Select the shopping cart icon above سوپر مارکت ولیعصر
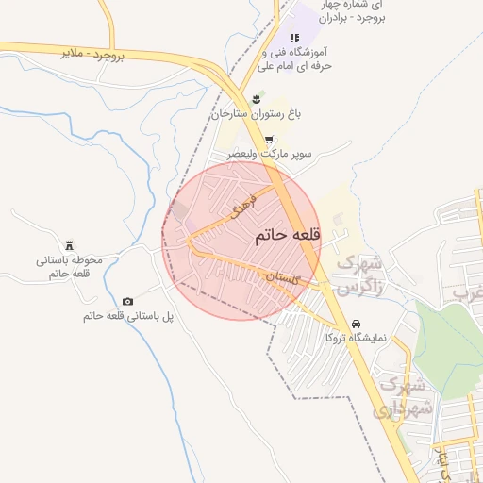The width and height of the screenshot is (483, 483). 269,139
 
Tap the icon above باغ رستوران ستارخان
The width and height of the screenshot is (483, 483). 255,99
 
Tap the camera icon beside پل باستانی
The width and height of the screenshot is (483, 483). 128,301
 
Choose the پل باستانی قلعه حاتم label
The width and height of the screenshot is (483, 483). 128,316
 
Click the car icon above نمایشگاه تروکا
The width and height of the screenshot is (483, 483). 357,322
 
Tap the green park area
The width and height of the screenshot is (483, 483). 448,340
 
